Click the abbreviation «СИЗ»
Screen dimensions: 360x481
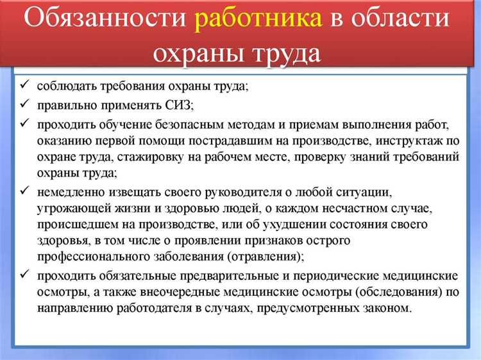pyautogui.click(x=179, y=103)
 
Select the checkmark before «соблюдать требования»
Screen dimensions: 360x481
pyautogui.click(x=23, y=86)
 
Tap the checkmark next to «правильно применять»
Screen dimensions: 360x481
pyautogui.click(x=23, y=103)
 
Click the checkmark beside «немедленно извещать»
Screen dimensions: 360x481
pyautogui.click(x=23, y=191)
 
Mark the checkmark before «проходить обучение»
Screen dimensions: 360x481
pyautogui.click(x=23, y=122)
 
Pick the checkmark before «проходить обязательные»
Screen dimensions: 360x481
pyautogui.click(x=23, y=275)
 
